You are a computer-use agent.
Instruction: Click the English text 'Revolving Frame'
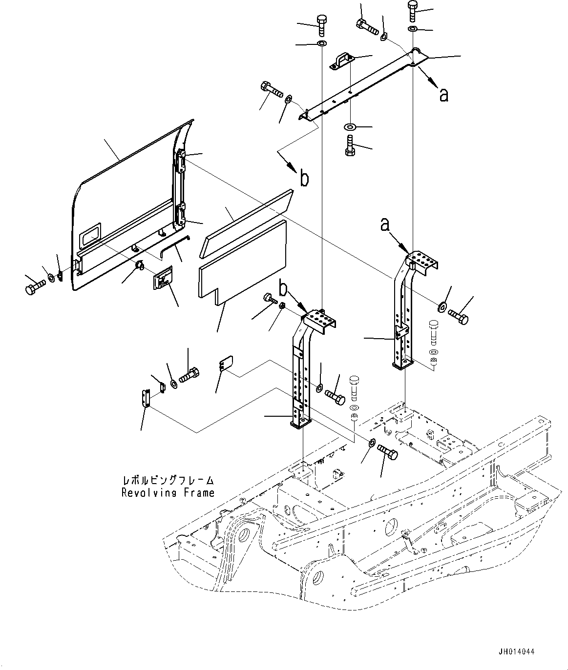168,493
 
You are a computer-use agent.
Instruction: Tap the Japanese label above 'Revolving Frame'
168,481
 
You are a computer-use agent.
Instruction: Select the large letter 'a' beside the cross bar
443,95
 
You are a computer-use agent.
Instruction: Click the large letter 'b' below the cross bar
304,179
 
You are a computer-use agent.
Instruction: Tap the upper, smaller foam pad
249,217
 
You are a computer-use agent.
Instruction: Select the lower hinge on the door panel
180,215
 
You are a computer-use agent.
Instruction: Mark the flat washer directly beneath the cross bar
350,127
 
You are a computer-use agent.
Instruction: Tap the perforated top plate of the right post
421,261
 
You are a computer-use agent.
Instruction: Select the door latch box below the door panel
163,281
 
